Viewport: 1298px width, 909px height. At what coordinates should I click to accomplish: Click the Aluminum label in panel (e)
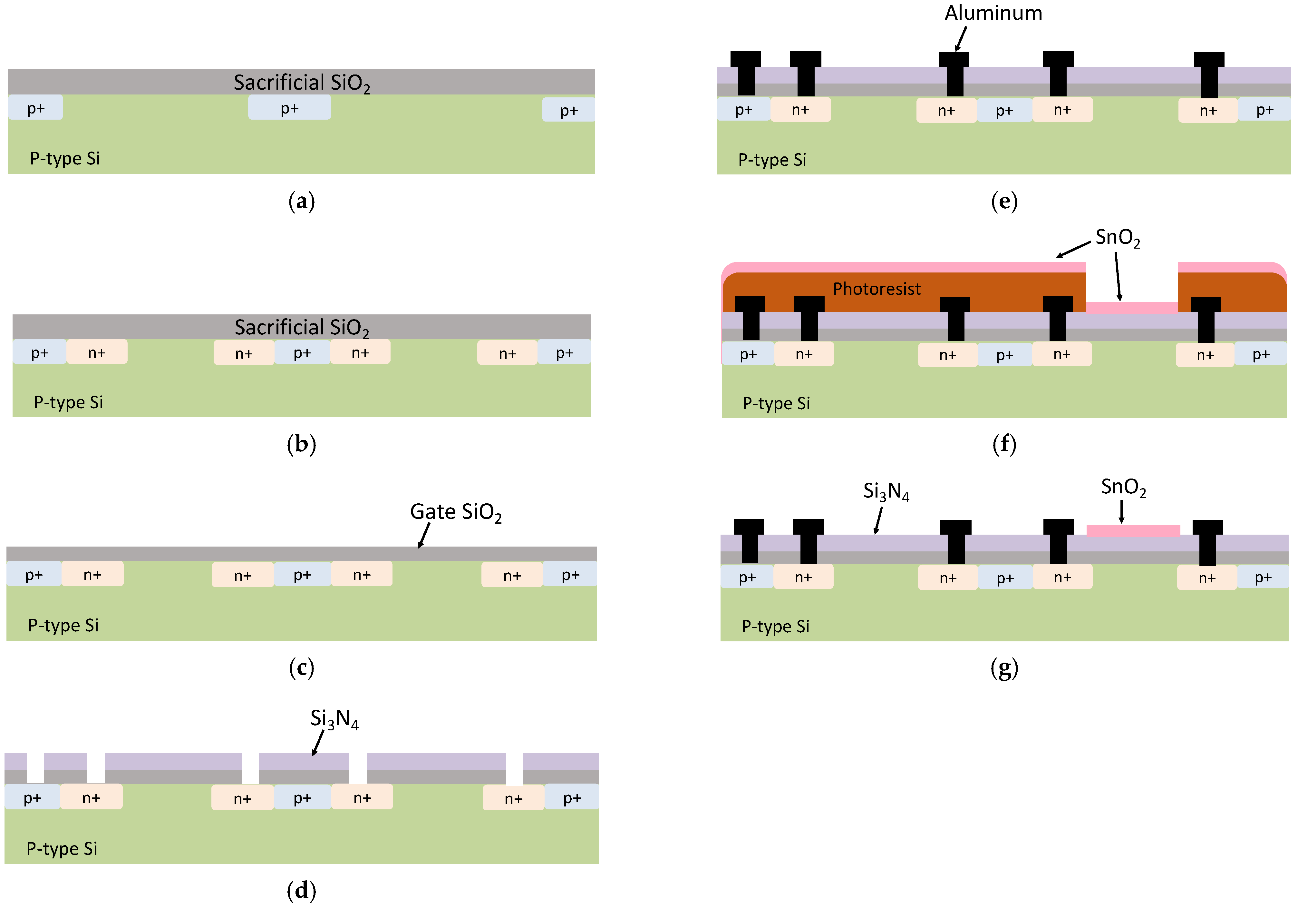(993, 13)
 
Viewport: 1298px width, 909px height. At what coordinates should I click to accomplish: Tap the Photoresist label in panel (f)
(876, 289)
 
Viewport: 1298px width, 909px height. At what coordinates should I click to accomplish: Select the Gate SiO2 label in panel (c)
(456, 512)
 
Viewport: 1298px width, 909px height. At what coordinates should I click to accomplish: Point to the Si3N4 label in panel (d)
(334, 719)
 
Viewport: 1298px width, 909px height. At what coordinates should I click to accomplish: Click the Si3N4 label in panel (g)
(886, 491)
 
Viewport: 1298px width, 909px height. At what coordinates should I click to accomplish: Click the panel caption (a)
(301, 201)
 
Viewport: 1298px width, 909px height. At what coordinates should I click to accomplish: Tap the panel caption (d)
(301, 891)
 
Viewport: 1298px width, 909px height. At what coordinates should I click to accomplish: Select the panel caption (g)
(1004, 668)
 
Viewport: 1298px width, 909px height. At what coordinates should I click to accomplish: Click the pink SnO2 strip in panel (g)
(1133, 530)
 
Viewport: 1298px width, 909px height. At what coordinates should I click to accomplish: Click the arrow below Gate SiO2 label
(424, 535)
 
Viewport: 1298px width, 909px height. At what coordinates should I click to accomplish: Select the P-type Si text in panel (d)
(62, 848)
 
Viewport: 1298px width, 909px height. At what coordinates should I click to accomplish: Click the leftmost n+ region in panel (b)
(97, 352)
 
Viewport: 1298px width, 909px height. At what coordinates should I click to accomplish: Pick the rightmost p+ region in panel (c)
(570, 575)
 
